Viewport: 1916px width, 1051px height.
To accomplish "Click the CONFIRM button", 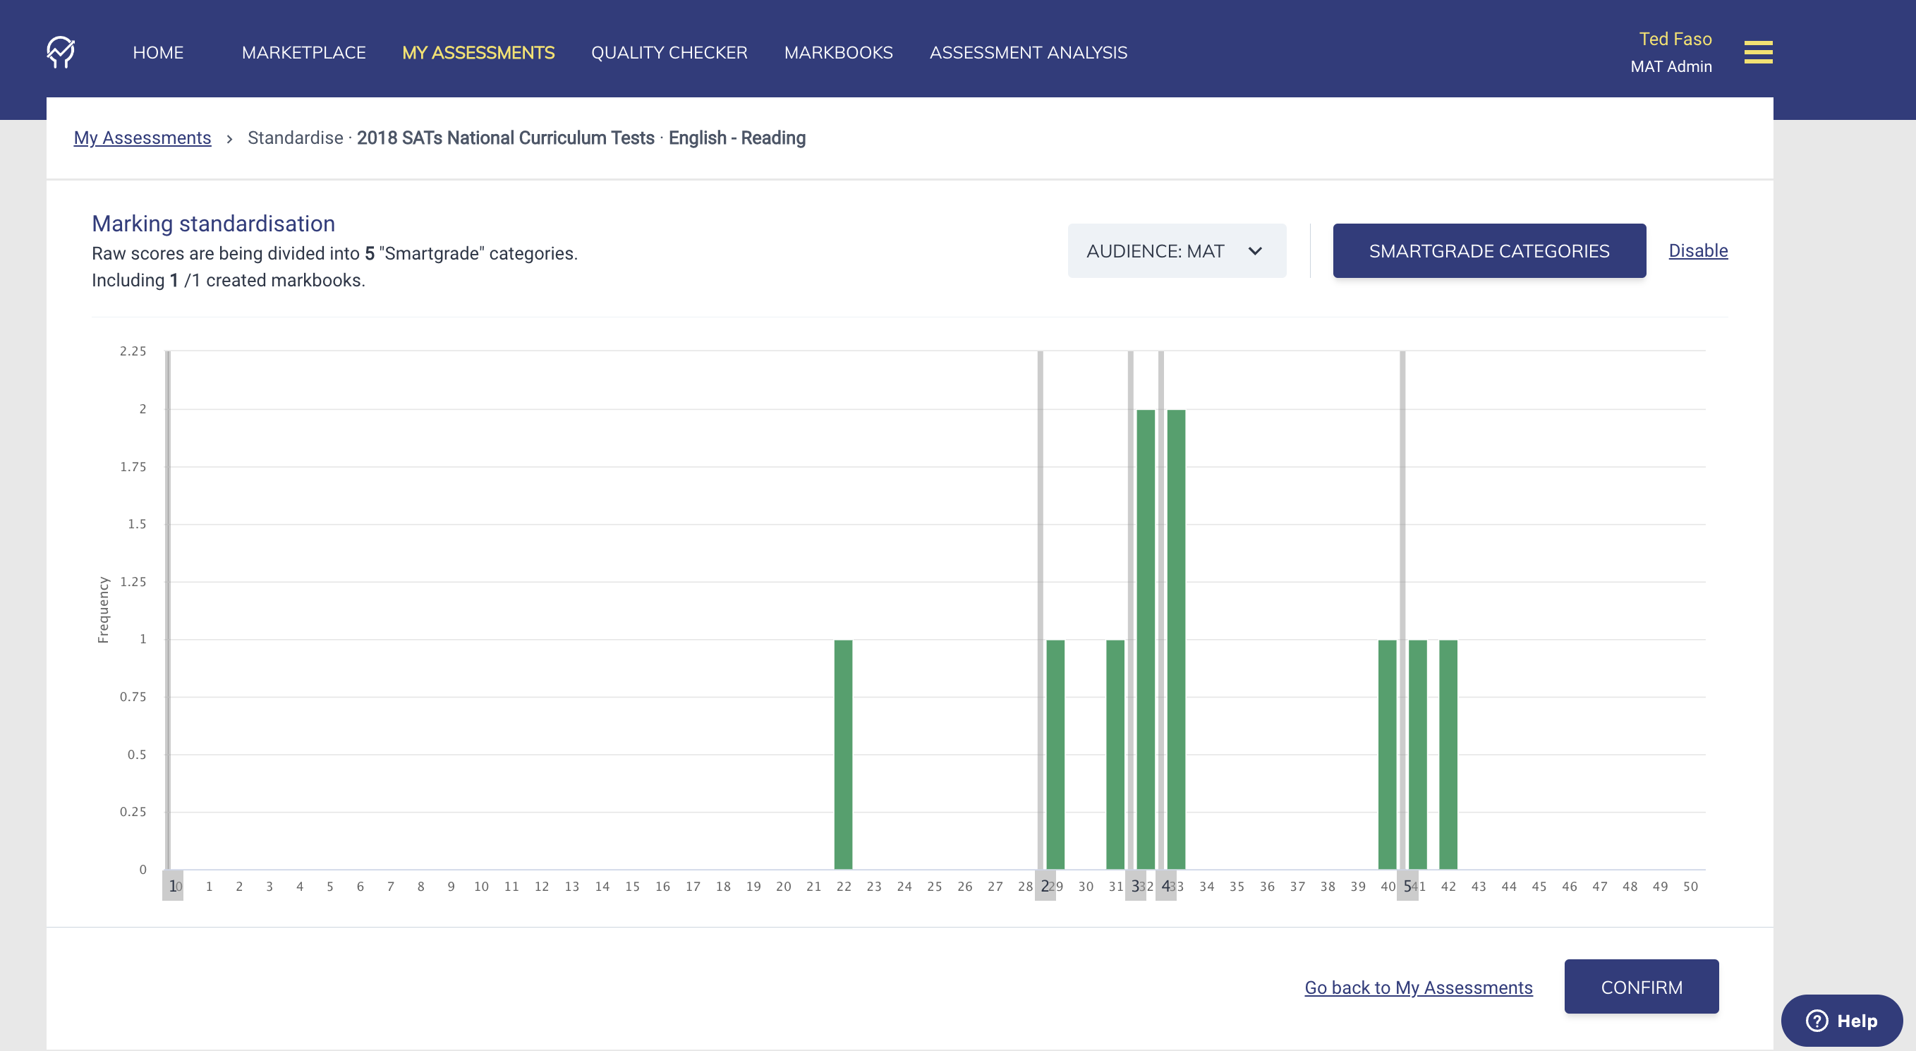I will (x=1641, y=987).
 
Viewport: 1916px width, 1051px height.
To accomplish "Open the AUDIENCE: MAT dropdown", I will (x=1176, y=251).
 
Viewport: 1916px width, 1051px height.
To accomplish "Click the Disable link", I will (x=1697, y=250).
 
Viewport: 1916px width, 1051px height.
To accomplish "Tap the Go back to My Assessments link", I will (x=1418, y=988).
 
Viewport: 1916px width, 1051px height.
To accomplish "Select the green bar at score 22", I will (x=843, y=754).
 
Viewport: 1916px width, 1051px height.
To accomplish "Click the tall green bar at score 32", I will (x=1146, y=640).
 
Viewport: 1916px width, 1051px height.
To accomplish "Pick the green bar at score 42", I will (x=1448, y=754).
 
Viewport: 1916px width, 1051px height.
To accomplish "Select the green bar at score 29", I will (x=1055, y=754).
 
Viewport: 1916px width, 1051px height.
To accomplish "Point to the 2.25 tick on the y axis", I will (x=133, y=351).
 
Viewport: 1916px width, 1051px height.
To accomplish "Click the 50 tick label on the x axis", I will (x=1690, y=887).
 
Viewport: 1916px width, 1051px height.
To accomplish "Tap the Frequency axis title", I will (x=104, y=610).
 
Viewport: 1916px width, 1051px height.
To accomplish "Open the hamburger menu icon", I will (x=1757, y=53).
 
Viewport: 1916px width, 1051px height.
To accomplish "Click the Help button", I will (x=1842, y=1021).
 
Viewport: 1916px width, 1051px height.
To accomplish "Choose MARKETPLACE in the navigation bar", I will (x=303, y=53).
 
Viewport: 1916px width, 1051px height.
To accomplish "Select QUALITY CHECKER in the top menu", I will (x=669, y=53).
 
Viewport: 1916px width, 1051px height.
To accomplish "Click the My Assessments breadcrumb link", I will (x=142, y=138).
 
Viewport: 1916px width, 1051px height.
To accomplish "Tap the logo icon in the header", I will (x=61, y=52).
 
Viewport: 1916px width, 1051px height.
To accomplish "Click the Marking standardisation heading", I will (x=214, y=224).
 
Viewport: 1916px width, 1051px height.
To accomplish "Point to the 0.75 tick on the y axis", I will (x=133, y=697).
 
